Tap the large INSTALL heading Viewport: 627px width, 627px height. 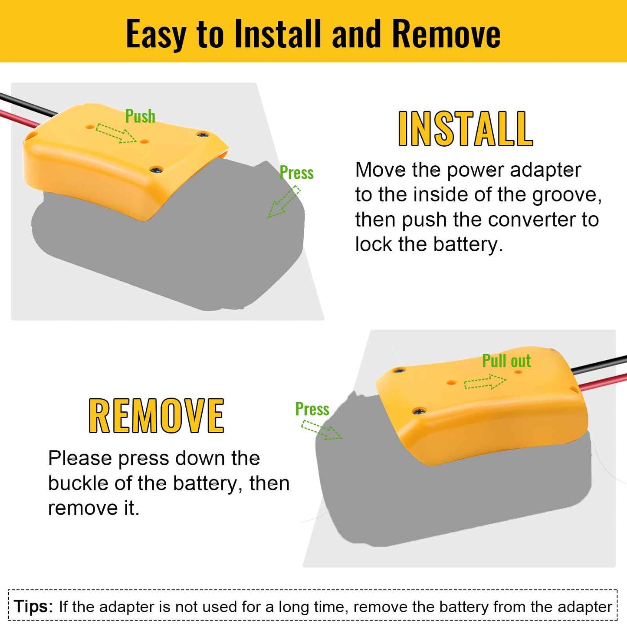465,129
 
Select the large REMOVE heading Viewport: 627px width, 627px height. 156,416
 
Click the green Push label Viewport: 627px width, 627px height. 140,116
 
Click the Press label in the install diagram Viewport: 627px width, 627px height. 296,173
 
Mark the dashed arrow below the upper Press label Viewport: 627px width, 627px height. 284,202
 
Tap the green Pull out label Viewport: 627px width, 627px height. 506,361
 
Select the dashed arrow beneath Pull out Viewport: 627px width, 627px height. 485,383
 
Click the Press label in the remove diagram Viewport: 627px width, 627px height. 312,409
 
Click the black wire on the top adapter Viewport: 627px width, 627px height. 26,104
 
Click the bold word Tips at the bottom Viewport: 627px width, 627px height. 33,606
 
